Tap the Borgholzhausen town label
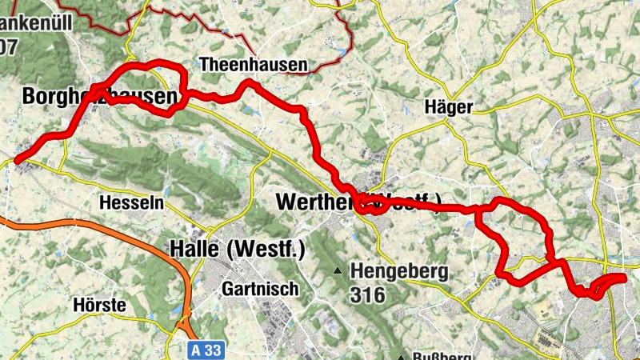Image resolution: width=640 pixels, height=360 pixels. (99, 98)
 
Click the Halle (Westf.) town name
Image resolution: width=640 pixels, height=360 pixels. (238, 250)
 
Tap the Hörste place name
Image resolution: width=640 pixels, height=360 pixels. (99, 305)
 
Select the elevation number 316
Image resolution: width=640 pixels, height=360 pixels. (367, 295)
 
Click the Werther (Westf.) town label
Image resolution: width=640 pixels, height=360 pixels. (356, 202)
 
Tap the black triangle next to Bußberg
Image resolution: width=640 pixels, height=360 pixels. (402, 357)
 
